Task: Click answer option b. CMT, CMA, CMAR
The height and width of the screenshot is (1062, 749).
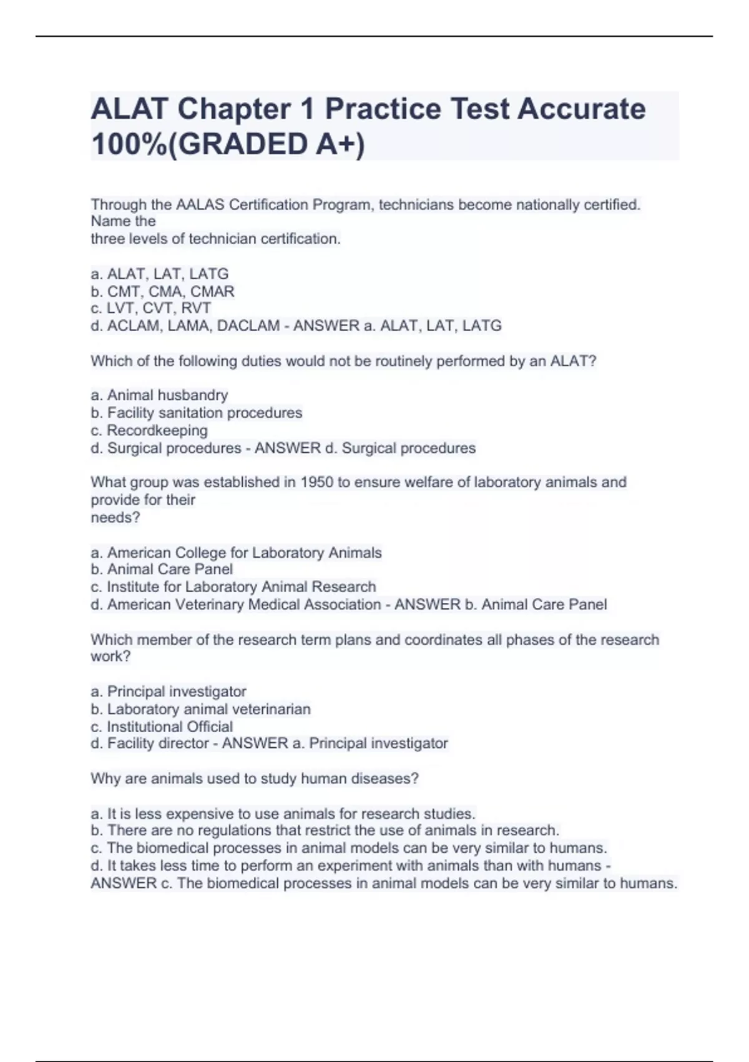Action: click(x=162, y=291)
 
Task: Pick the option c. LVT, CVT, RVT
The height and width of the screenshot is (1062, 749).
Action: click(x=150, y=308)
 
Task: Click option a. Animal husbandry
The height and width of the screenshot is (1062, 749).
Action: click(x=159, y=395)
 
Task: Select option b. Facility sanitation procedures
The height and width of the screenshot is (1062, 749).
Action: click(x=197, y=412)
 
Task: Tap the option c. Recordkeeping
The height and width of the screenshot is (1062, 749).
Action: click(x=149, y=430)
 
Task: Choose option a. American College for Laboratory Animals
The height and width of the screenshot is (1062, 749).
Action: click(x=236, y=552)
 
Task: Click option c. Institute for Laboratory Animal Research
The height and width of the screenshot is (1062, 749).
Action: click(x=233, y=587)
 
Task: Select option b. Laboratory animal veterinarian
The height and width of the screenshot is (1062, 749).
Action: click(x=200, y=709)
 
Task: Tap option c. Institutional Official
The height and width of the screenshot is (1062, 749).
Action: click(x=162, y=727)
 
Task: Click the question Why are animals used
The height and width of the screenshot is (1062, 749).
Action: click(x=254, y=778)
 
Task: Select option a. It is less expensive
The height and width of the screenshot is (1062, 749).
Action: click(x=283, y=813)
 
